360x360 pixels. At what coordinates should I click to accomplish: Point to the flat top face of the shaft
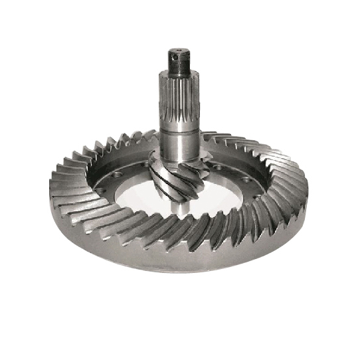(179, 50)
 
